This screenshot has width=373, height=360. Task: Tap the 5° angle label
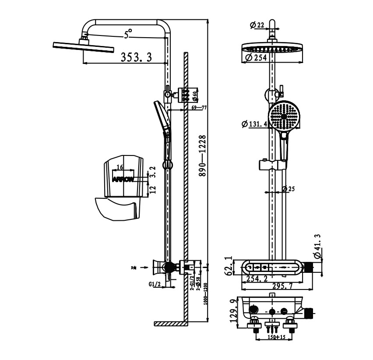[x=128, y=34]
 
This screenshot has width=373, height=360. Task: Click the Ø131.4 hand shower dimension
[x=254, y=124]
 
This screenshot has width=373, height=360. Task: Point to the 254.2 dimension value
[x=258, y=279]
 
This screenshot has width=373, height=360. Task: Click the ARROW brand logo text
[x=124, y=179]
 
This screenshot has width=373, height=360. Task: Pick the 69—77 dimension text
[x=199, y=107]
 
